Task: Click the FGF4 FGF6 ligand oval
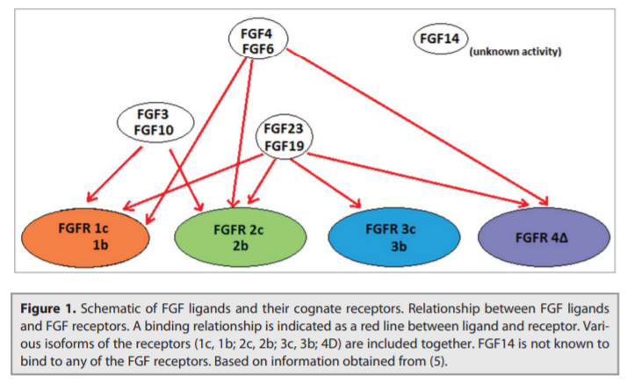tap(256, 40)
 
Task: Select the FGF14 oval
tap(441, 40)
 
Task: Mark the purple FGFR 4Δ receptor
tap(544, 235)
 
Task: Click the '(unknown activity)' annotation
tap(515, 52)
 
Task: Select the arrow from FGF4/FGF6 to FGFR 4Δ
tap(413, 128)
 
